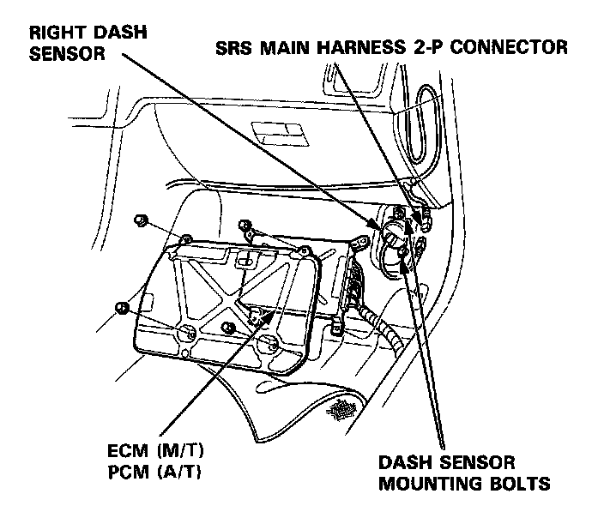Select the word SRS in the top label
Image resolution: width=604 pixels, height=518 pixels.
click(233, 47)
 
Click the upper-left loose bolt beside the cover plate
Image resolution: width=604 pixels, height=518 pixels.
click(141, 221)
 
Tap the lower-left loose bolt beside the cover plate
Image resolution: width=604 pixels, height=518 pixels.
click(123, 305)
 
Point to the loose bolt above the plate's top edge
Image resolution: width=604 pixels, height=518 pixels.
click(247, 227)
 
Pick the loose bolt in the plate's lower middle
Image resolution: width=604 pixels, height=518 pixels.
click(228, 328)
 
